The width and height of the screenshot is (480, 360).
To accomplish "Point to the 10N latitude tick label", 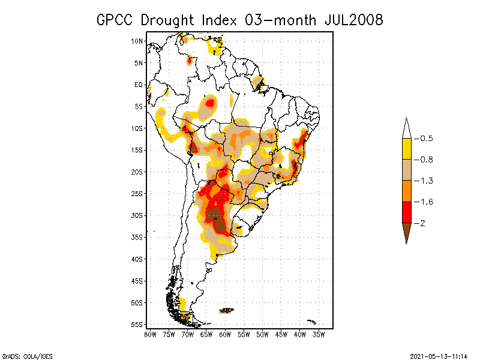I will (137, 41).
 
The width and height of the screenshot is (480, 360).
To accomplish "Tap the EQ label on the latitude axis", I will (139, 85).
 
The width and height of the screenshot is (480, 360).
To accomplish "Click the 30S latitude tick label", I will (137, 215).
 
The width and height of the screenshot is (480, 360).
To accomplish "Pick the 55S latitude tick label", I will (137, 325).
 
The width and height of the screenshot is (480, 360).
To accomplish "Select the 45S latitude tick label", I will (137, 281).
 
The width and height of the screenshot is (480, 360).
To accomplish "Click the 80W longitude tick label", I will (150, 334).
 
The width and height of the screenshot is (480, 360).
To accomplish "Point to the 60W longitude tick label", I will (225, 334).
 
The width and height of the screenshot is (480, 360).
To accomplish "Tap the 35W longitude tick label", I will (319, 334).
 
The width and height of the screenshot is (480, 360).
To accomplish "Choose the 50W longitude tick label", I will (262, 334).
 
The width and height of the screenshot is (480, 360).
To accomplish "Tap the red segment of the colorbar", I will (406, 212).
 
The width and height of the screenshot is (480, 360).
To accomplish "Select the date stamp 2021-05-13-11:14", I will (439, 356).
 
